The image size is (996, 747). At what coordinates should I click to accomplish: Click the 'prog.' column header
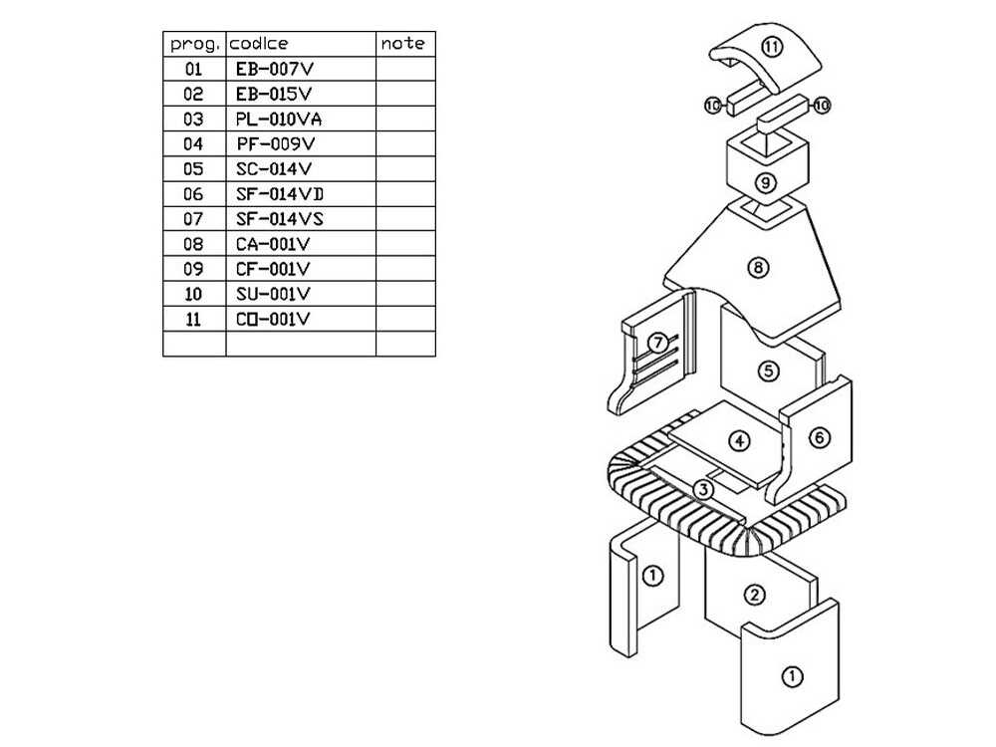coord(194,44)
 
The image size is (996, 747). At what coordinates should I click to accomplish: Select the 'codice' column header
coord(259,44)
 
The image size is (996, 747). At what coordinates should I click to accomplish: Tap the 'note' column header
coord(402,44)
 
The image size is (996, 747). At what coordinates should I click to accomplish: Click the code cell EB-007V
coord(274,70)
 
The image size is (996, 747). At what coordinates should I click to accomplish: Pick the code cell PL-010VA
coord(279,120)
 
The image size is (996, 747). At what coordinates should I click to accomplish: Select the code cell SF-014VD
coord(280,194)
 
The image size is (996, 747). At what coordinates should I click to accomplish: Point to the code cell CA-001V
coord(274,244)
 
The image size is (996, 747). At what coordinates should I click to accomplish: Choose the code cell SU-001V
coord(274,294)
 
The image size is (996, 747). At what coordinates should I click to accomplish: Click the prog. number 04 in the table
coord(193,144)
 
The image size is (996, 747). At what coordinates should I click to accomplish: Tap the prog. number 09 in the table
coord(193,269)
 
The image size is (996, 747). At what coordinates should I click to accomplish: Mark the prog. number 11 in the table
coord(193,319)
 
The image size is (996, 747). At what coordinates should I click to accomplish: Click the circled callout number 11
coord(773,47)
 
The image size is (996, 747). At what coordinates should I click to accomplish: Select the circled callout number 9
coord(765,182)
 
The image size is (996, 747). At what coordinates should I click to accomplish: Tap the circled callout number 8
coord(760,267)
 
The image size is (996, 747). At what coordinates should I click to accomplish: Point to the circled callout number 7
coord(656,343)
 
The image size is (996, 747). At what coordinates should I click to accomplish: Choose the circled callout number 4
coord(738,439)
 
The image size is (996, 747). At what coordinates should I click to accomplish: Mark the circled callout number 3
coord(703,489)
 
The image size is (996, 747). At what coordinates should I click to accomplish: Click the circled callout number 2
coord(756,596)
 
